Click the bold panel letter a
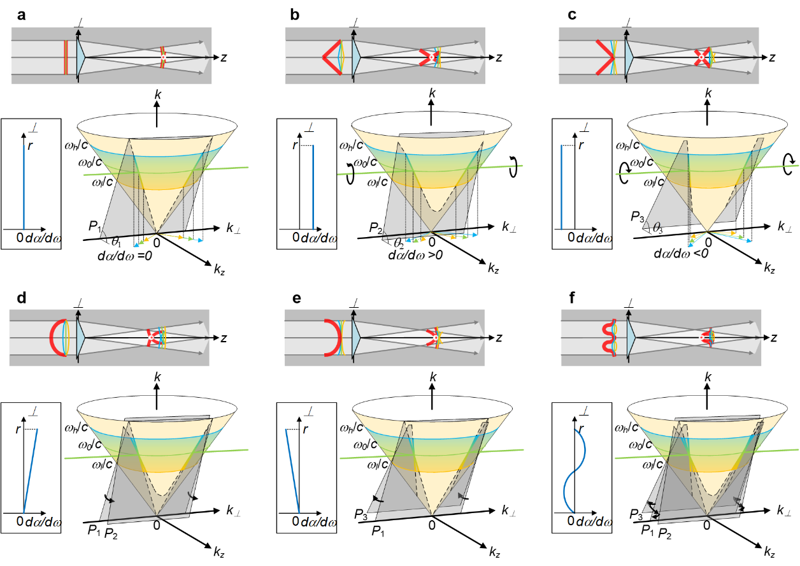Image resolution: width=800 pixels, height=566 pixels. click(22, 15)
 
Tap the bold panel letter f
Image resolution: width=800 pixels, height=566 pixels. click(572, 297)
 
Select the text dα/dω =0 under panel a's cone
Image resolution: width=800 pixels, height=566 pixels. click(125, 256)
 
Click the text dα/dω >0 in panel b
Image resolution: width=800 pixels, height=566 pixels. click(415, 255)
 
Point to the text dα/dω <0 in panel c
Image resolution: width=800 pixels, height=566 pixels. click(681, 253)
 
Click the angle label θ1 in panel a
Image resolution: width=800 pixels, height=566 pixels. click(116, 242)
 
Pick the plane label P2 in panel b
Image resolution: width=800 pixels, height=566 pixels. click(375, 228)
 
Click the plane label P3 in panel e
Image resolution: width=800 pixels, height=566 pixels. click(361, 514)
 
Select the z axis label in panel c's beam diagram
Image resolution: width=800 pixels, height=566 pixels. click(772, 57)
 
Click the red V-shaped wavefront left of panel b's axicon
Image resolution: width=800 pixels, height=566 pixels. click(332, 57)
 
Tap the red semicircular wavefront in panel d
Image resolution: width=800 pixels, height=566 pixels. click(55, 338)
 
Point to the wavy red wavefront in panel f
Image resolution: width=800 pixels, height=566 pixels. click(608, 338)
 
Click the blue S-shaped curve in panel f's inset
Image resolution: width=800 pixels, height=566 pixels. click(575, 471)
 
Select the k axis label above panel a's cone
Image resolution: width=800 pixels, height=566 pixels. click(157, 94)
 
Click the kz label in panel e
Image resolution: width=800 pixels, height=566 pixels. click(494, 552)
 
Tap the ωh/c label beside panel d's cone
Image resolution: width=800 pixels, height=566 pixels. click(76, 427)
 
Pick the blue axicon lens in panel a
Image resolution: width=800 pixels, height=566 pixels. click(81, 57)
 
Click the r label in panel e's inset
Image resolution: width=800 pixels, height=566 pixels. click(305, 429)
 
